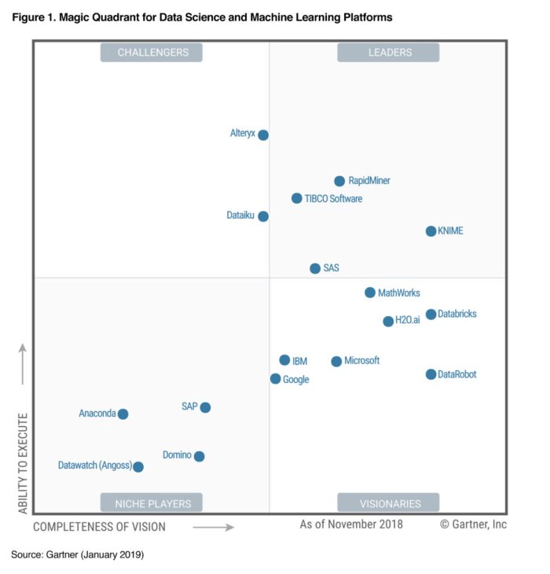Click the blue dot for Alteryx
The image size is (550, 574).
tap(263, 135)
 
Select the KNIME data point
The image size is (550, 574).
tap(431, 231)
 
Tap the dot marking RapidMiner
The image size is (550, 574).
tap(339, 181)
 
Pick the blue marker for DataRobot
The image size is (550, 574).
tap(431, 374)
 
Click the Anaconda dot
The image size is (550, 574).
tap(123, 414)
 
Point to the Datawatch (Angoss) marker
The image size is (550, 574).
tap(138, 467)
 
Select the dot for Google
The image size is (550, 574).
tap(275, 379)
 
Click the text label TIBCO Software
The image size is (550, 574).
tap(335, 199)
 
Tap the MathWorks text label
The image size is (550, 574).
tap(399, 293)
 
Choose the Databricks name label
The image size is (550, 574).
tap(457, 315)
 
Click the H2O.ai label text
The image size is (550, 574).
tap(407, 322)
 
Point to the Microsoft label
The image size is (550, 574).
tap(361, 361)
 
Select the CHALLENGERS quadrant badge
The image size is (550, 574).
tap(152, 53)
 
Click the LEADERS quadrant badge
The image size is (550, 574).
tap(390, 53)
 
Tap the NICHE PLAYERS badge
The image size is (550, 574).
tap(152, 503)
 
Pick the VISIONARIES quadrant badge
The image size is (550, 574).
tap(390, 503)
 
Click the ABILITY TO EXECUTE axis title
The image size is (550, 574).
tap(23, 463)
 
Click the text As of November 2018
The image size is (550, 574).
tap(350, 524)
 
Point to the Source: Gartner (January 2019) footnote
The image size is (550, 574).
tap(77, 555)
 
